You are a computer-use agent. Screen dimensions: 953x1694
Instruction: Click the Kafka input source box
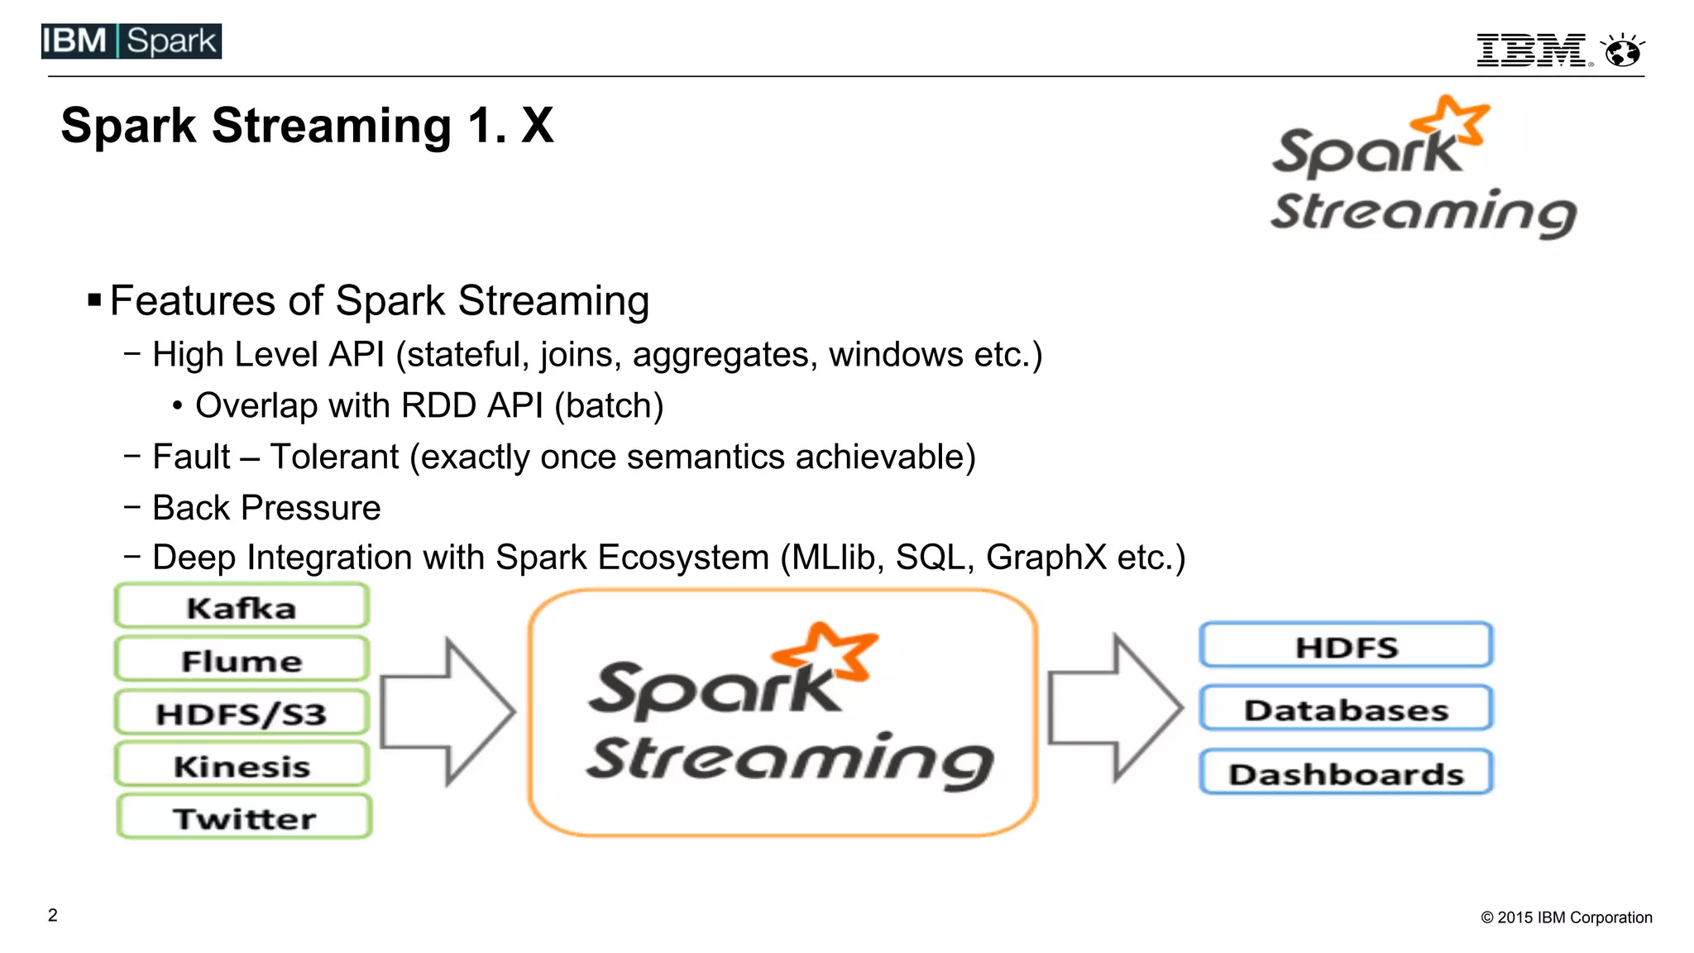[x=242, y=607]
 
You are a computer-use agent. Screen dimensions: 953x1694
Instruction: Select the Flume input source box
[x=242, y=660]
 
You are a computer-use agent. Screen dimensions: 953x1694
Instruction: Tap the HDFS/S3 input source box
[x=242, y=713]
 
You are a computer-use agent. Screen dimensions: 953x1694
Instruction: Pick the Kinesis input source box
[x=242, y=765]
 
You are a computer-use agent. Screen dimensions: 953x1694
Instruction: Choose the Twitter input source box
[x=244, y=817]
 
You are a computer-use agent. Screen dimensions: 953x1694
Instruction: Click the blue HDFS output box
[x=1346, y=646]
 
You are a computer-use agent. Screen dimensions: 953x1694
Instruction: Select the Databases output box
[x=1346, y=709]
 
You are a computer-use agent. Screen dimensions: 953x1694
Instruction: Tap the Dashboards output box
[x=1346, y=773]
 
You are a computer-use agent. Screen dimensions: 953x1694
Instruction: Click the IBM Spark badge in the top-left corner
[x=132, y=41]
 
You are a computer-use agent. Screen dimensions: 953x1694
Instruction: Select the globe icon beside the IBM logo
[x=1623, y=50]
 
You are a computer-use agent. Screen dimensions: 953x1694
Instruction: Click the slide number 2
[x=53, y=915]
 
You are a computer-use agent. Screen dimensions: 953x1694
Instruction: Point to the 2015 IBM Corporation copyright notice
[x=1567, y=917]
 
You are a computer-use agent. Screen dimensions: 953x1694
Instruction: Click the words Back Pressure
[x=266, y=508]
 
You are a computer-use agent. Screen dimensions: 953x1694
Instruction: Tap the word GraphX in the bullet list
[x=1046, y=558]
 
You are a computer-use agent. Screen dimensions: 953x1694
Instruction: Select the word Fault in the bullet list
[x=191, y=457]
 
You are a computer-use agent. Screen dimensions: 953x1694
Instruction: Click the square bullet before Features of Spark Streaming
[x=94, y=299]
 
